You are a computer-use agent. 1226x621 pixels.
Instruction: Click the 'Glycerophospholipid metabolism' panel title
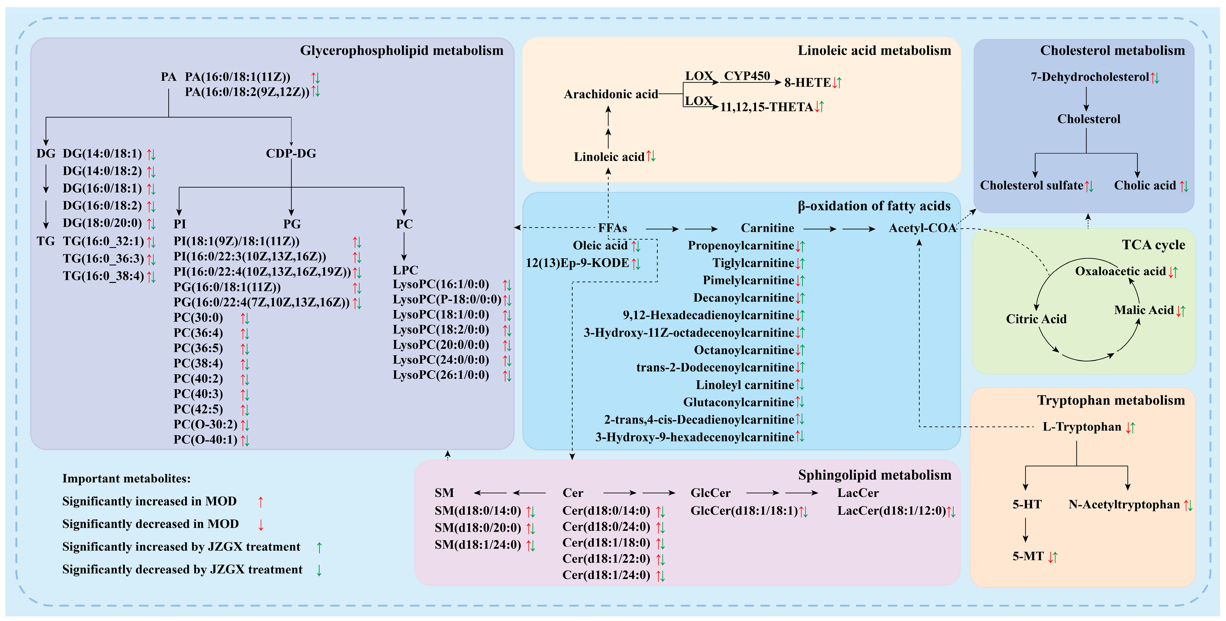click(x=401, y=50)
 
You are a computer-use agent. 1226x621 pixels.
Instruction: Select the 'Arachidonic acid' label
click(x=611, y=94)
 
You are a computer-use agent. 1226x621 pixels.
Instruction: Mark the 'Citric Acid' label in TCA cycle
click(x=1036, y=319)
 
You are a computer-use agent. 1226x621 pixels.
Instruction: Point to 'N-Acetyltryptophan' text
click(x=1124, y=504)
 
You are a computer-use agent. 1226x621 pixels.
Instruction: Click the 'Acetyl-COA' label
click(x=922, y=228)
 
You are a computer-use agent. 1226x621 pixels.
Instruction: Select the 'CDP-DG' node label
click(x=291, y=153)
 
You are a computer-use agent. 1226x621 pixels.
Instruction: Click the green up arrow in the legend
click(x=319, y=547)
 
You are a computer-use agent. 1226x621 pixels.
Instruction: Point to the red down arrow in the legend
click(x=261, y=525)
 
